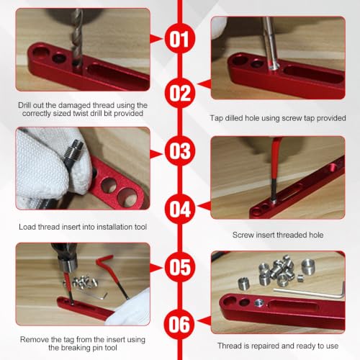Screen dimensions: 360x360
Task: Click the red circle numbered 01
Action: pyautogui.click(x=180, y=38)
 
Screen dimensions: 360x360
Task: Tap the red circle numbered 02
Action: pyautogui.click(x=180, y=93)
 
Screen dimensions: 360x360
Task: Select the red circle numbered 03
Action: pyautogui.click(x=180, y=150)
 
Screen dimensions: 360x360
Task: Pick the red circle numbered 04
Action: pyautogui.click(x=180, y=209)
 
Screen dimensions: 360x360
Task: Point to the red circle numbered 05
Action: pyautogui.click(x=180, y=267)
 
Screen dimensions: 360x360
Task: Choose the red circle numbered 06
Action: pyautogui.click(x=179, y=325)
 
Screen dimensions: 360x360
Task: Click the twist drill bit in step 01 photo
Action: pyautogui.click(x=77, y=38)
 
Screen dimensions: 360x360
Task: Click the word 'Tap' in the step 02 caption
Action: pyautogui.click(x=216, y=118)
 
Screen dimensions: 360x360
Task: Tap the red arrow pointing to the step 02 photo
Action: pyautogui.click(x=204, y=84)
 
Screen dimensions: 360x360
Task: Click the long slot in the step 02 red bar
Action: pyautogui.click(x=314, y=74)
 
